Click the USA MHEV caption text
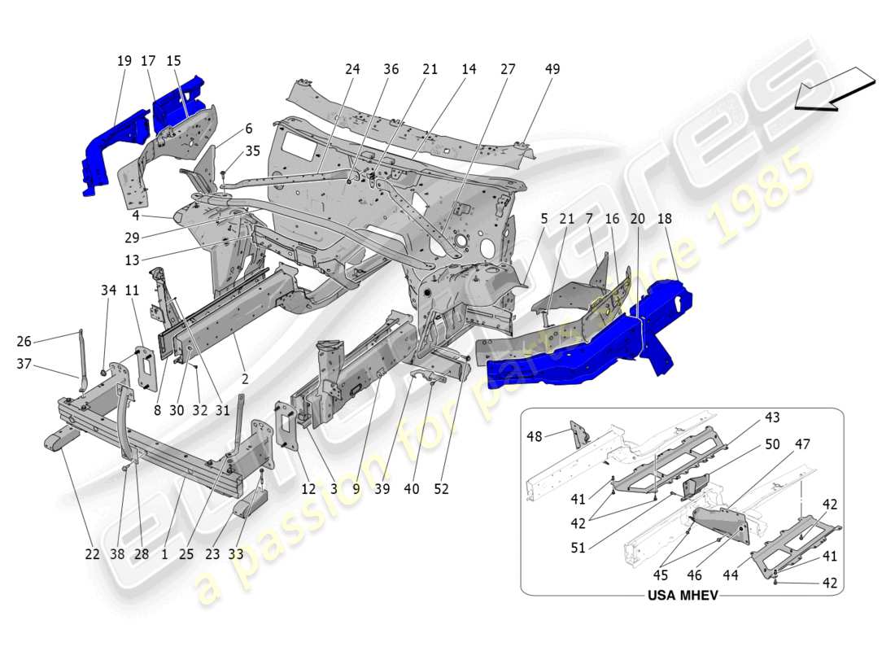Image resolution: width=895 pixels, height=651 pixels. pos(682,596)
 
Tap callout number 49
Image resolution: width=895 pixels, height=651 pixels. pos(552,70)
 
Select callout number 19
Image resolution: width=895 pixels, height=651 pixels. pos(124,61)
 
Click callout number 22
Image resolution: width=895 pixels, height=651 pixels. pos(92,554)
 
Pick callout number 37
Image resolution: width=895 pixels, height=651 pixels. pos(24,364)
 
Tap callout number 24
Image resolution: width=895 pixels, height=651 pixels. pos(351,70)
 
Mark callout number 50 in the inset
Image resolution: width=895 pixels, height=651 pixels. pos(773,444)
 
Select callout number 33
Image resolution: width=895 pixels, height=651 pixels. pos(236,554)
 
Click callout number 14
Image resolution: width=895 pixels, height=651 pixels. pos(469,70)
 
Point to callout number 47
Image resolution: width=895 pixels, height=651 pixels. pos(802,444)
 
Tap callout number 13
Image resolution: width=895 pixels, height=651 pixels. pos(132,260)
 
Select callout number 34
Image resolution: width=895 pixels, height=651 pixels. pos(109,291)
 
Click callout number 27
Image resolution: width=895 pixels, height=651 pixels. pos(508,70)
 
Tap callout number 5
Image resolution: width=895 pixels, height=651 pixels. pos(544,219)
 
